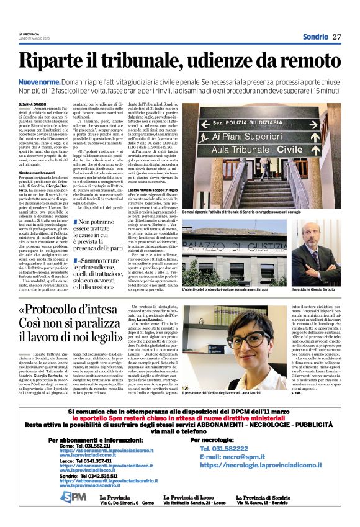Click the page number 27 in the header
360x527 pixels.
pyautogui.click(x=336, y=37)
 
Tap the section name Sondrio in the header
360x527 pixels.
pyautogui.click(x=315, y=37)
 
